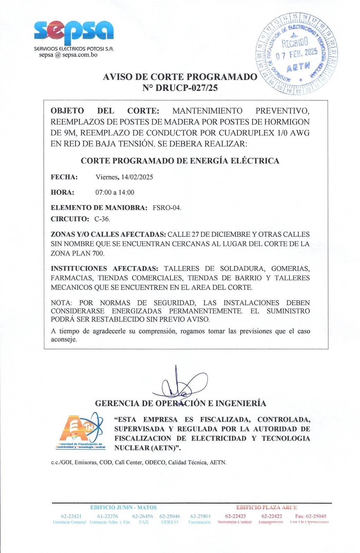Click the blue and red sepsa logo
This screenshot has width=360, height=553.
74,30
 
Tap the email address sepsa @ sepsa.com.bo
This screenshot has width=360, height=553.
68,55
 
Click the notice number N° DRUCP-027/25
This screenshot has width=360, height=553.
180,88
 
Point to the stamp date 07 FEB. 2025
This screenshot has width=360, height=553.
296,54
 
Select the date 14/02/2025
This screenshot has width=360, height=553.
137,177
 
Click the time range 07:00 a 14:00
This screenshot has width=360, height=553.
115,192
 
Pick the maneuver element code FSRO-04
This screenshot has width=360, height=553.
167,208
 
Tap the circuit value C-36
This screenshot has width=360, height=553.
102,219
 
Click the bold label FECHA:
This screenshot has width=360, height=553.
64,177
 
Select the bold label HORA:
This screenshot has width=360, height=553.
63,192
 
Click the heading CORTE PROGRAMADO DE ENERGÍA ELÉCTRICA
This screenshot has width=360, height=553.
180,161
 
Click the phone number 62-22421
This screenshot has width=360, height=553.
71,516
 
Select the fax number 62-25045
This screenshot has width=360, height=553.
311,516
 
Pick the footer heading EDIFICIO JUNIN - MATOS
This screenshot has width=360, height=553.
123,507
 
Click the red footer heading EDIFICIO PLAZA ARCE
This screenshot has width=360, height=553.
266,507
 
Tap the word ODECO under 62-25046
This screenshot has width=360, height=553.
169,522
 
